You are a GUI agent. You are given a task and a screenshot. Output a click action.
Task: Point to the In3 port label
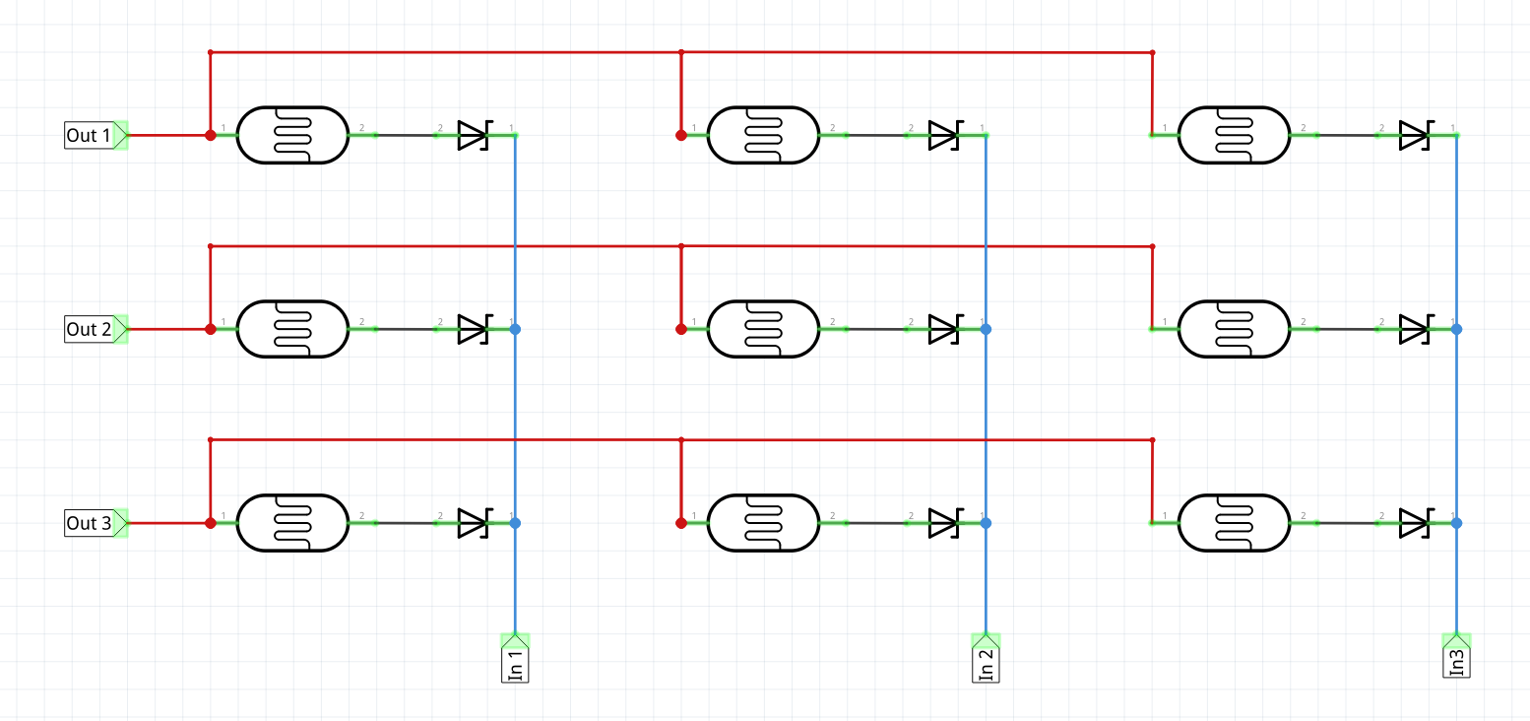coord(1456,655)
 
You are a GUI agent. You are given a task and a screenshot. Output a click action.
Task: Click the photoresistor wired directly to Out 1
coord(292,135)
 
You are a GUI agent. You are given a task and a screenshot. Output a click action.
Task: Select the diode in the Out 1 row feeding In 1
coord(475,135)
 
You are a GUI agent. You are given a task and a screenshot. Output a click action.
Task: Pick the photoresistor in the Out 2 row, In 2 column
coord(763,329)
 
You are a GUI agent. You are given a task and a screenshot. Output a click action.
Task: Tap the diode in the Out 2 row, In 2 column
coord(945,329)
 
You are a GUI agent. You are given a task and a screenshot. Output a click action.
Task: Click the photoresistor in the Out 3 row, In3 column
coord(1234,523)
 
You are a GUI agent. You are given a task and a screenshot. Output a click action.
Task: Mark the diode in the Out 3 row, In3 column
coord(1416,523)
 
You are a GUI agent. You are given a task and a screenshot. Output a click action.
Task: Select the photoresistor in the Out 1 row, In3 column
coord(1234,135)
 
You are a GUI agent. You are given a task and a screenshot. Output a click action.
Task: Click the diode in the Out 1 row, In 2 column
coord(945,135)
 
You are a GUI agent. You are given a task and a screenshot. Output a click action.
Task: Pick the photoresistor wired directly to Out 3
coord(292,523)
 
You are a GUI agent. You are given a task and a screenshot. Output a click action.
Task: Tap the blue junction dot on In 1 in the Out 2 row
coord(515,329)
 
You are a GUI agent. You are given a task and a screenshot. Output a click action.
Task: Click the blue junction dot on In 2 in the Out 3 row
coord(986,523)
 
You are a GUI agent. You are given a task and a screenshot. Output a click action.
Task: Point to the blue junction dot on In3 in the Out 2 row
coord(1456,329)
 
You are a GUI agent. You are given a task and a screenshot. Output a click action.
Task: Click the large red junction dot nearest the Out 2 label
coord(211,329)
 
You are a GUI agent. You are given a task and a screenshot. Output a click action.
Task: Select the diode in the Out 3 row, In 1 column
coord(475,523)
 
